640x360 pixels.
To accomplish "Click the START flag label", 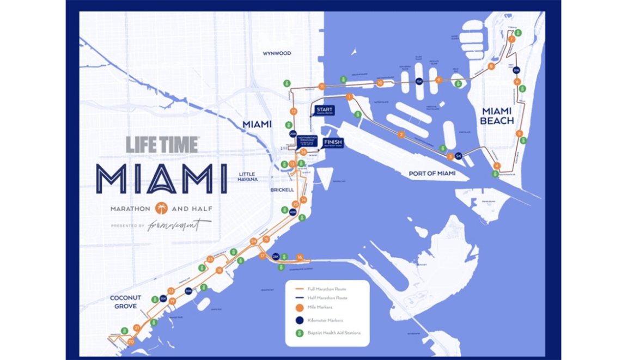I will [324, 110].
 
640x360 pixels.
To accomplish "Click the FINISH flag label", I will [333, 143].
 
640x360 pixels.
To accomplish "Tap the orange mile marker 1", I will [349, 97].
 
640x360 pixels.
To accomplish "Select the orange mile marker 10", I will [380, 83].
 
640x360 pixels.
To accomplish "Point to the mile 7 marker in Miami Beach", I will [511, 39].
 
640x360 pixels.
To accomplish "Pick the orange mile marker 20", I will [131, 341].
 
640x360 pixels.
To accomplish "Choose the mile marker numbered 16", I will [300, 257].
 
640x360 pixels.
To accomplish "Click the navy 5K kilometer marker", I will [458, 156].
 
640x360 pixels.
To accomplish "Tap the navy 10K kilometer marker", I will [516, 70].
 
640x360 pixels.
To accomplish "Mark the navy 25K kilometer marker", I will [276, 256].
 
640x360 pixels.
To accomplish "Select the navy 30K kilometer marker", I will [188, 291].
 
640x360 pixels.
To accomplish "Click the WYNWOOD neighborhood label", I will [277, 53].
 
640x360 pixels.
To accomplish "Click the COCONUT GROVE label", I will [126, 302].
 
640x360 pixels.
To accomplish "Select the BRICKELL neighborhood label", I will [282, 190].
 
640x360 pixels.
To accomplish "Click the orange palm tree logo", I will [161, 209].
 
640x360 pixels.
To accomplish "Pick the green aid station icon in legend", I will [298, 333].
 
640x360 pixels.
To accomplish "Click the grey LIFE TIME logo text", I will [162, 144].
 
